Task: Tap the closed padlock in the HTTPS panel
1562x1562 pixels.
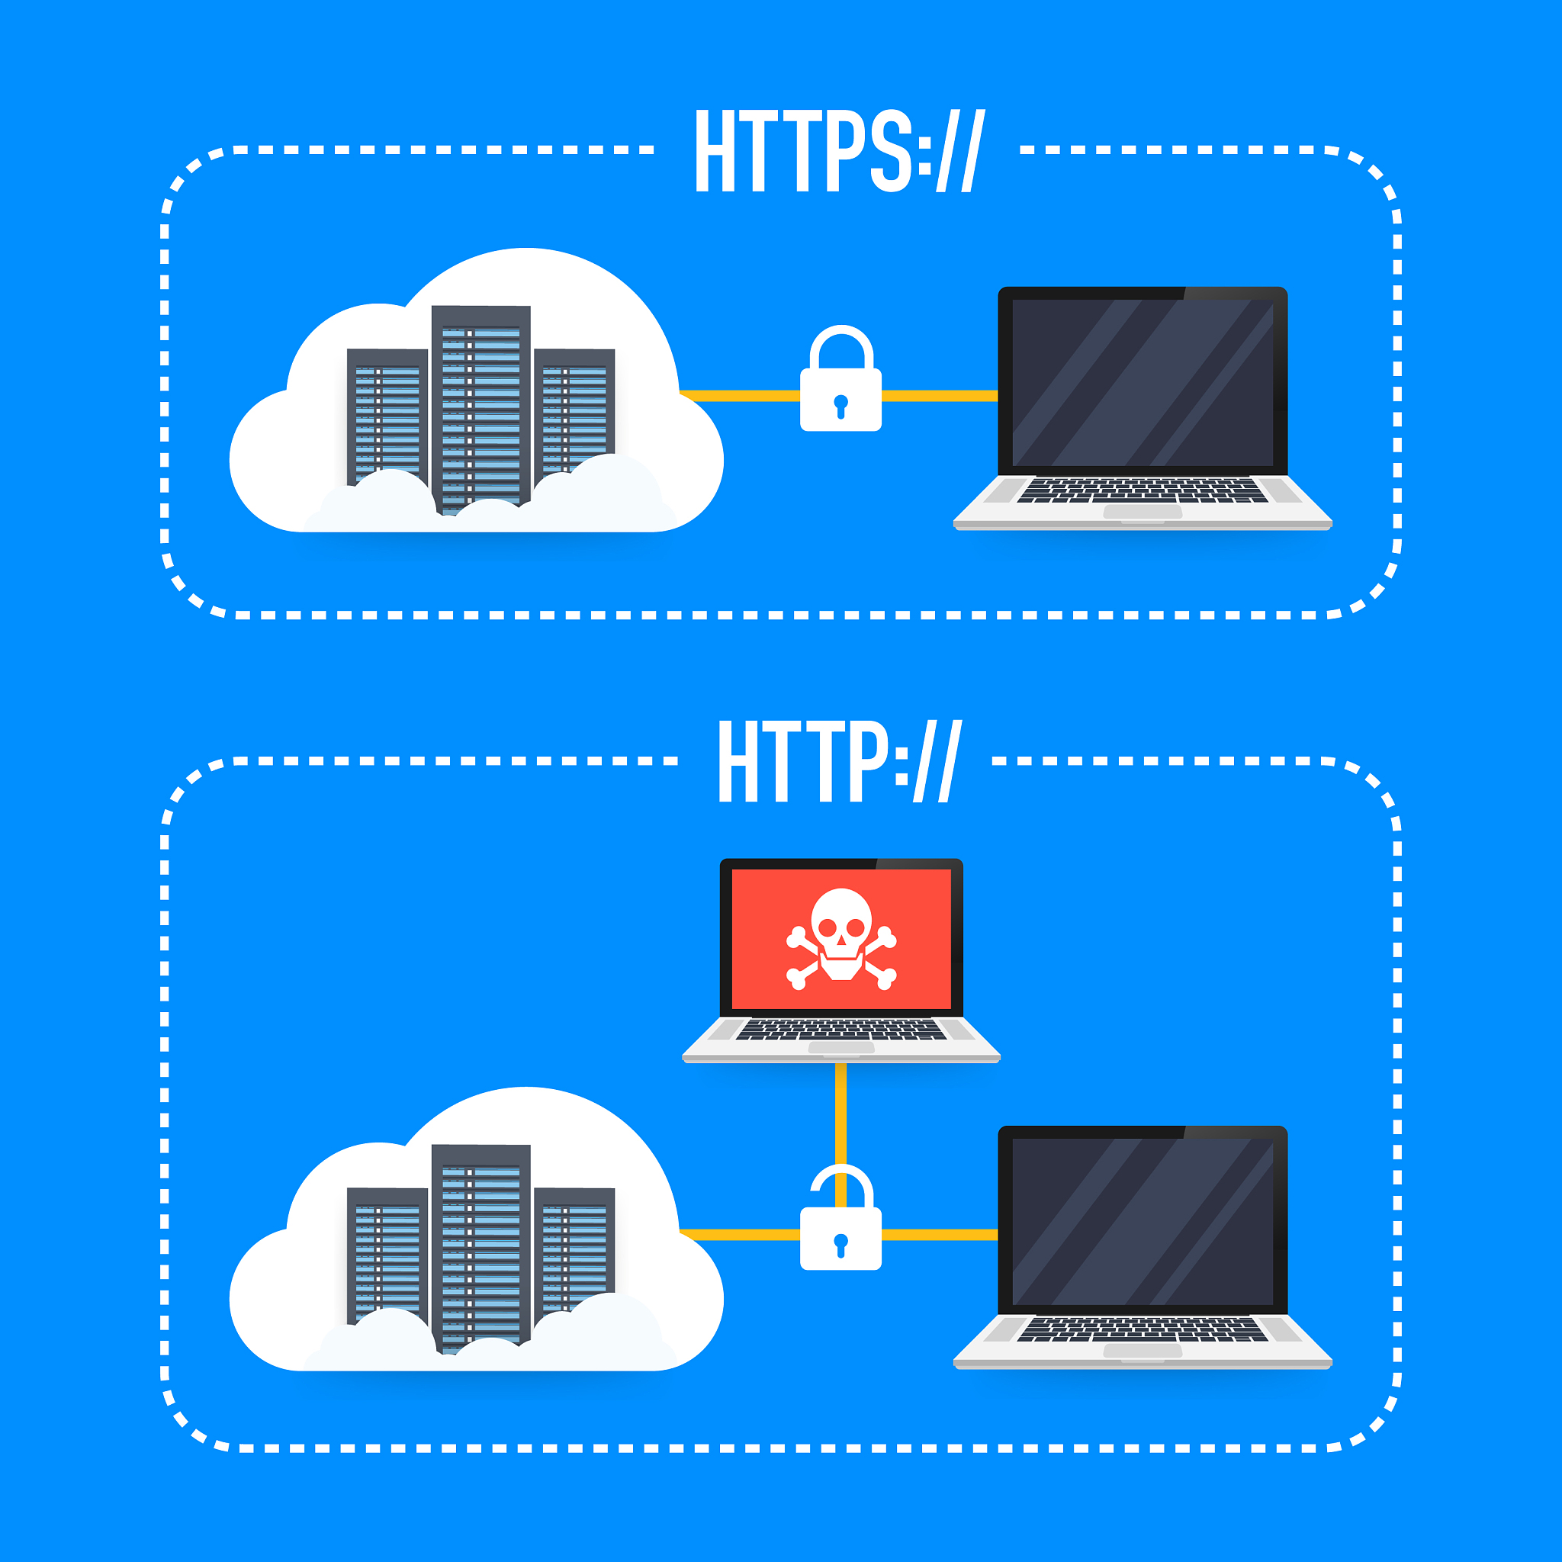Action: click(x=840, y=378)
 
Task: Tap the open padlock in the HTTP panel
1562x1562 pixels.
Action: click(x=840, y=1218)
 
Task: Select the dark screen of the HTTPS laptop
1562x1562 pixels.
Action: click(x=1143, y=382)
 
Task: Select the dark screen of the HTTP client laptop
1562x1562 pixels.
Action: click(x=1143, y=1222)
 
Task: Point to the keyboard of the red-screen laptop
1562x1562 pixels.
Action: click(x=840, y=1029)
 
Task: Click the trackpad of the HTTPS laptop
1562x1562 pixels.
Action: click(x=1143, y=512)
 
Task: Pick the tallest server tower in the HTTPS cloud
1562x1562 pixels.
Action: click(x=481, y=408)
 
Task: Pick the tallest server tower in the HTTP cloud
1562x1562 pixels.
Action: click(x=481, y=1248)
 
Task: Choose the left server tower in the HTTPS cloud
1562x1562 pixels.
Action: click(x=387, y=416)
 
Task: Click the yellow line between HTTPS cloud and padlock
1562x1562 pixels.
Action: click(x=740, y=395)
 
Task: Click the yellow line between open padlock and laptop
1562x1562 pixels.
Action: click(x=940, y=1235)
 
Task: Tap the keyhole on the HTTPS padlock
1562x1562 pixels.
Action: click(x=840, y=406)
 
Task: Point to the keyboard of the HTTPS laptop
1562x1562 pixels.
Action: click(x=1143, y=490)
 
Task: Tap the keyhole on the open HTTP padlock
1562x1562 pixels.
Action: click(x=840, y=1245)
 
